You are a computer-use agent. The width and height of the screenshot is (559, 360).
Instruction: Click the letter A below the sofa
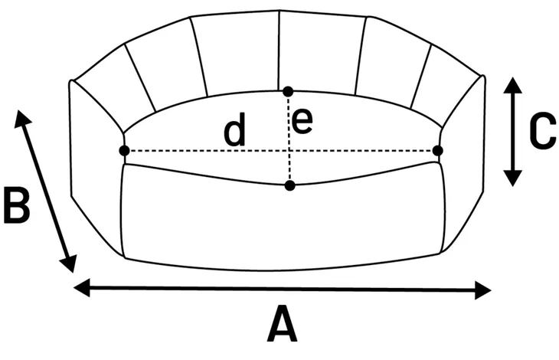coord(282,325)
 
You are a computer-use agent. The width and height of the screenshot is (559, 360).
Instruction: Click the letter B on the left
coord(17,205)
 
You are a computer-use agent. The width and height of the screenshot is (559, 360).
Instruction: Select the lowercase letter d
coord(235,131)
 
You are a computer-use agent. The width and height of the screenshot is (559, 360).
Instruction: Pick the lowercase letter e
coord(303,123)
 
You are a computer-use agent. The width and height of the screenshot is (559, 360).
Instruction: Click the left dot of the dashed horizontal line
coord(125,151)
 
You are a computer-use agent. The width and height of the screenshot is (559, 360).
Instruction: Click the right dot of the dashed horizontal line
coord(438,151)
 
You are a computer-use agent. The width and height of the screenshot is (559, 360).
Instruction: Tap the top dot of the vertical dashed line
coord(288,91)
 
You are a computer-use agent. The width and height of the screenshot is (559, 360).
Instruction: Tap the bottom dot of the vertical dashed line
coord(289,185)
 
